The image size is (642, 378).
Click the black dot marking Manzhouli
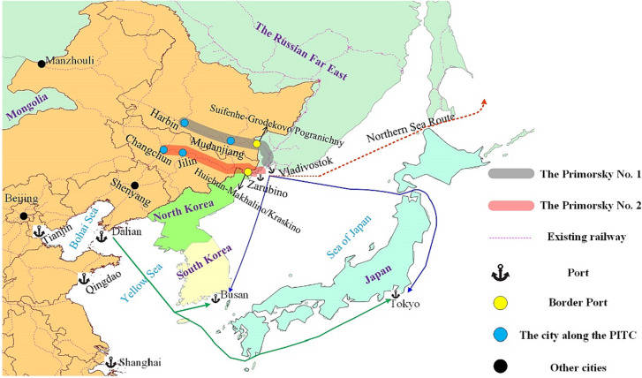point(41,63)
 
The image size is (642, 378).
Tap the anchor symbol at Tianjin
point(38,231)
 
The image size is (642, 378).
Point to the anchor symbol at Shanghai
point(110,362)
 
